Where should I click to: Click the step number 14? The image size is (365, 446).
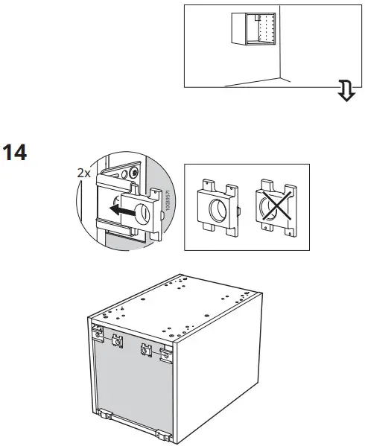15,154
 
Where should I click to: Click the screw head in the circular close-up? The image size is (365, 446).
133,171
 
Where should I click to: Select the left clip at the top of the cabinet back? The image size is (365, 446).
117,340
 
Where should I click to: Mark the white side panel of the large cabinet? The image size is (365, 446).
216,365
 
